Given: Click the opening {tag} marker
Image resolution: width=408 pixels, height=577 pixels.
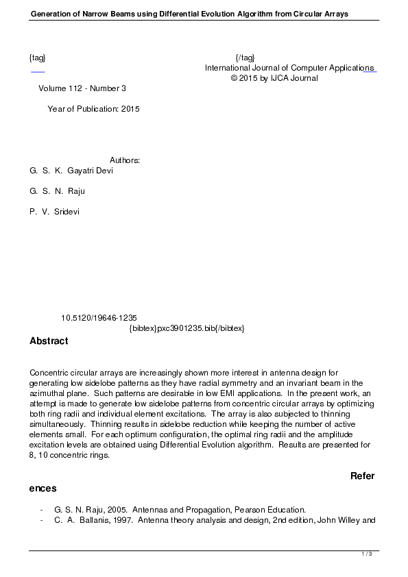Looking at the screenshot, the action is [x=38, y=58].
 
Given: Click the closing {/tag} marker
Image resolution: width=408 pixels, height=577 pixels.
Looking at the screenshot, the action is [x=245, y=58].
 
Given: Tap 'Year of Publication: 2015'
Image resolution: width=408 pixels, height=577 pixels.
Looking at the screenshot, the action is [x=94, y=109].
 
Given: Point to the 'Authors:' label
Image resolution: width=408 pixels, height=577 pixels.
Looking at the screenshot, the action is [x=125, y=160].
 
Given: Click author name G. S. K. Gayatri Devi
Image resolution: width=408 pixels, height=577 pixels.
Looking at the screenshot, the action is [x=71, y=171].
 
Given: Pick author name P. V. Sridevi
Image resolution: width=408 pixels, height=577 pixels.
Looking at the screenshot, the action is [x=55, y=212].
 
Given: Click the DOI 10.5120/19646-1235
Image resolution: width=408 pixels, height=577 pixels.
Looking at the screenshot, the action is [x=99, y=318].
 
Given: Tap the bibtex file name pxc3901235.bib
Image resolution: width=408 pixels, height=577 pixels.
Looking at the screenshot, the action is [x=187, y=328].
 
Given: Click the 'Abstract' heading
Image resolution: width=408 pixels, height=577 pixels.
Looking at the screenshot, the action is [x=49, y=341].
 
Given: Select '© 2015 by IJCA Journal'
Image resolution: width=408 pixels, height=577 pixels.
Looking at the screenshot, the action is [x=274, y=78].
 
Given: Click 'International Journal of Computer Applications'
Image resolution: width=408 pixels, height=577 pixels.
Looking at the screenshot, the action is [x=289, y=68].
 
